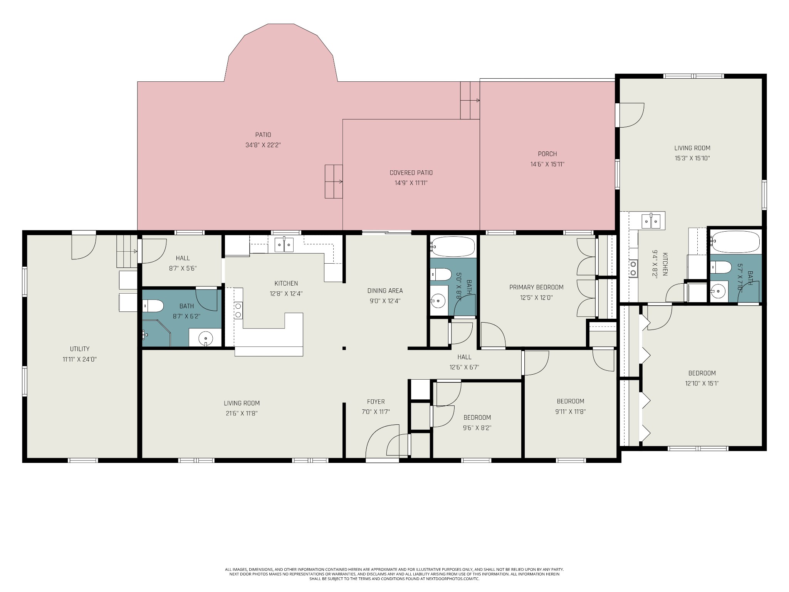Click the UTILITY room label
click(x=80, y=349)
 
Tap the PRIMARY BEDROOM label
click(x=536, y=287)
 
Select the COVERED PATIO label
click(x=411, y=173)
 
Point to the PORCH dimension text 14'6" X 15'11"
click(x=547, y=164)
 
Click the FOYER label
click(x=376, y=402)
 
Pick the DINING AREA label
click(x=385, y=291)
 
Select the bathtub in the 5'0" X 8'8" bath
click(x=453, y=247)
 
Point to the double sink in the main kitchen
click(x=284, y=245)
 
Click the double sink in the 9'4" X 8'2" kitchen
click(x=651, y=221)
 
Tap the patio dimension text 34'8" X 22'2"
click(x=263, y=145)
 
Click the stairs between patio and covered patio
click(x=334, y=181)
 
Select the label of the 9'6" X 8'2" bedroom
click(x=477, y=417)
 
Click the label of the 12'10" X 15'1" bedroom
click(x=702, y=373)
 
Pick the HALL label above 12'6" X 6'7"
click(x=464, y=357)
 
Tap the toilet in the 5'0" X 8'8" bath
click(x=441, y=274)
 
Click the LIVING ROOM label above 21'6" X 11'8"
click(x=242, y=403)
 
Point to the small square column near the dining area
click(x=344, y=348)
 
